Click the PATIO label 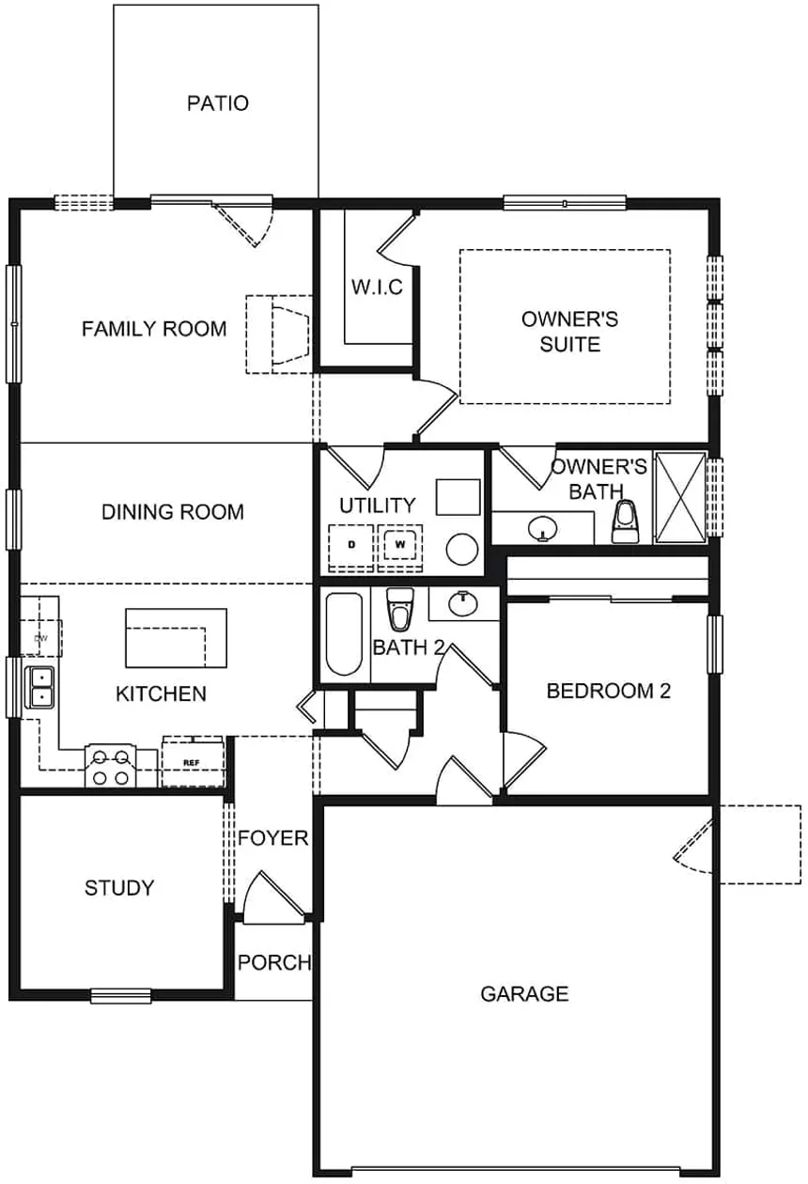tap(218, 103)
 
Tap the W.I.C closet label tap(378, 288)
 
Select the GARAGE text tap(524, 993)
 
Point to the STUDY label tap(119, 888)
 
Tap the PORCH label tap(273, 962)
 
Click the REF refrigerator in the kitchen tap(193, 762)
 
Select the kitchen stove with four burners tap(110, 767)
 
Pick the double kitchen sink tap(40, 687)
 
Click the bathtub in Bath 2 tap(343, 634)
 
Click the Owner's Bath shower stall tap(679, 497)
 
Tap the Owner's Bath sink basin tap(542, 530)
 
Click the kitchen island tap(176, 638)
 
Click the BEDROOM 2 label tap(609, 692)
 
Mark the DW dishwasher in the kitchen tap(40, 638)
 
